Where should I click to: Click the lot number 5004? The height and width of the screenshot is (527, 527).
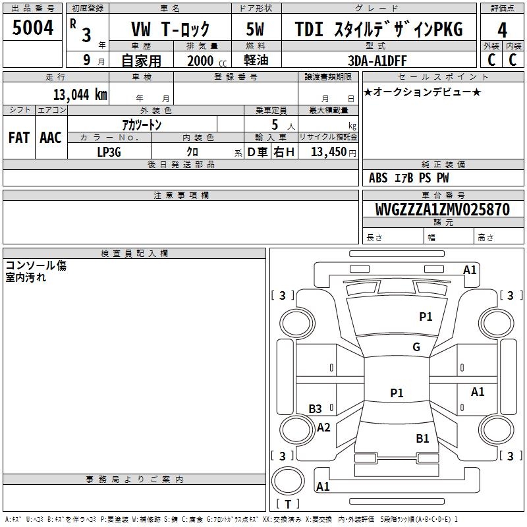[33, 28]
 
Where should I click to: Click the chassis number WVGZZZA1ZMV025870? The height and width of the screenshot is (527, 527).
[442, 209]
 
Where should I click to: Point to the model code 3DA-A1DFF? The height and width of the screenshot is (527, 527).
[377, 59]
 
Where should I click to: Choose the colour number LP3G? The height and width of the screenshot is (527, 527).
[109, 152]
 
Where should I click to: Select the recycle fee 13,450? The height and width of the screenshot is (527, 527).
[329, 152]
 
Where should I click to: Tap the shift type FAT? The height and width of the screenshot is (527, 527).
[18, 138]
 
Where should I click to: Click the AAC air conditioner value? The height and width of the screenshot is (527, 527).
[50, 138]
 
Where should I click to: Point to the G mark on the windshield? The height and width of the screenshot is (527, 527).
[416, 347]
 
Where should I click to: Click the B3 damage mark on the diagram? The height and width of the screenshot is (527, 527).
[315, 408]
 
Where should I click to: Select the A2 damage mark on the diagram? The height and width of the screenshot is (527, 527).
[323, 427]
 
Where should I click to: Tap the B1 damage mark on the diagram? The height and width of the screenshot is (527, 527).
[422, 438]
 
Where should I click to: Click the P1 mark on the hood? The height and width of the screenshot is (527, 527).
[426, 317]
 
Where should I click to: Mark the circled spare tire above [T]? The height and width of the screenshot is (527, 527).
[288, 478]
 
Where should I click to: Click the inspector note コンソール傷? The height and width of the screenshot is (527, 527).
[36, 265]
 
